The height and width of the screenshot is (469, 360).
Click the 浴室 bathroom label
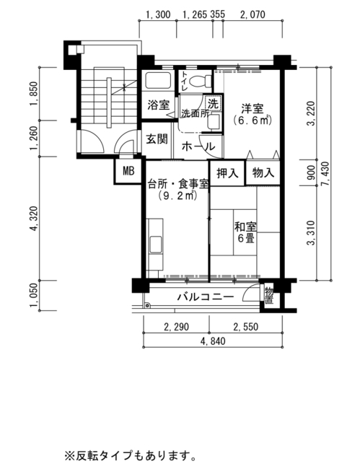tap(159, 105)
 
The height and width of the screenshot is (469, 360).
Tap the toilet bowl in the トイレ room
tap(200, 81)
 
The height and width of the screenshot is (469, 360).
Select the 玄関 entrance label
tap(157, 139)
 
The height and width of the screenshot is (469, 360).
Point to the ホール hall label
tap(198, 146)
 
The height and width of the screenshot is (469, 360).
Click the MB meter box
tap(128, 172)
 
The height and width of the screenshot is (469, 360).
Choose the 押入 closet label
tap(227, 173)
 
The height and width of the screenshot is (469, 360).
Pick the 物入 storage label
tap(263, 173)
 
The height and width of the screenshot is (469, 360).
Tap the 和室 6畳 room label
tap(246, 232)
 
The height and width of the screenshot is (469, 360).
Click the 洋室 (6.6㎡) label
tap(253, 114)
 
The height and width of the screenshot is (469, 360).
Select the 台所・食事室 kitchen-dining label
tap(178, 184)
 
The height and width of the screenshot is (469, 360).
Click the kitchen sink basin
tap(156, 244)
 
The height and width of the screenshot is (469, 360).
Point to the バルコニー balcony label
tap(206, 297)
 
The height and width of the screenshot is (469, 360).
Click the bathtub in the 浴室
tap(158, 80)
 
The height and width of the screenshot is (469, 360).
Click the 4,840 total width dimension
tap(213, 341)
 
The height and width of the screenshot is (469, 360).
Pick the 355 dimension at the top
tap(218, 14)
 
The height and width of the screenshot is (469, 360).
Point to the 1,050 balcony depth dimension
tap(34, 296)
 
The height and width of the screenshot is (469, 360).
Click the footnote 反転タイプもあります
tap(131, 456)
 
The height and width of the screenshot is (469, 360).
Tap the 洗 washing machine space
tap(214, 103)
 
